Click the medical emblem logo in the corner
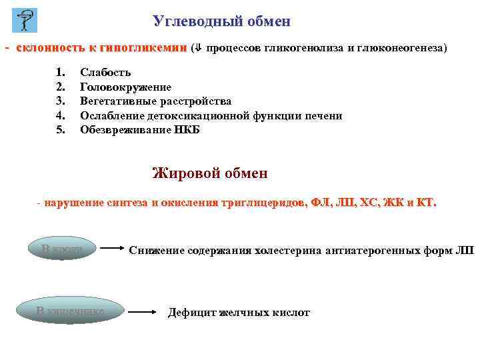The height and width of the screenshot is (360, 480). pyautogui.click(x=25, y=21)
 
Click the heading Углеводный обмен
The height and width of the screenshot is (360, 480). pyautogui.click(x=221, y=21)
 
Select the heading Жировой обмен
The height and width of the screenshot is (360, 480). pyautogui.click(x=210, y=173)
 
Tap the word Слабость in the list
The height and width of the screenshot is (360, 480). pyautogui.click(x=105, y=73)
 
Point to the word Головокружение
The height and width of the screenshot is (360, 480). pyautogui.click(x=125, y=87)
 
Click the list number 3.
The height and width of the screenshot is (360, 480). pyautogui.click(x=60, y=101)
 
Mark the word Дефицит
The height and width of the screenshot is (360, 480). pyautogui.click(x=190, y=312)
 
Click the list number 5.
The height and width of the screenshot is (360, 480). pyautogui.click(x=60, y=130)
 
